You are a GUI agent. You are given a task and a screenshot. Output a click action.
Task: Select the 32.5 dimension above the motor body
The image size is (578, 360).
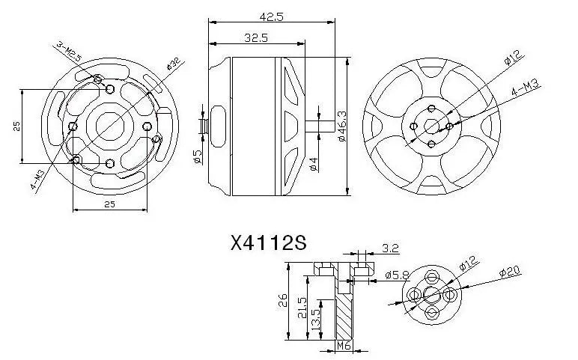257,36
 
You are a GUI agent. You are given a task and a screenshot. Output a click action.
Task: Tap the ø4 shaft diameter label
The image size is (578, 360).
314,162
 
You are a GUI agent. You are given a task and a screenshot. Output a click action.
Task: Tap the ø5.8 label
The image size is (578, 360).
397,275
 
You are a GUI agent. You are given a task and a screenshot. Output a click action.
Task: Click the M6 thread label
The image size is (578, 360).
344,346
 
